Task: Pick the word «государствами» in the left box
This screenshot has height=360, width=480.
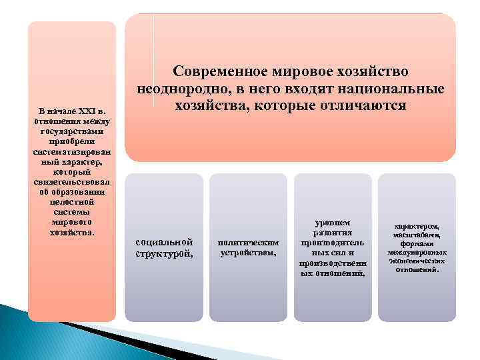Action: (72, 131)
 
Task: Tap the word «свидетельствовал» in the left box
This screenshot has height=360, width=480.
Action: (72, 181)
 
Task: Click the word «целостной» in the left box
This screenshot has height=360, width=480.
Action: (72, 201)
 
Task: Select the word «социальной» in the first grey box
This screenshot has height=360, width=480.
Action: (164, 241)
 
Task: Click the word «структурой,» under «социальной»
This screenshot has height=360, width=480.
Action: (164, 253)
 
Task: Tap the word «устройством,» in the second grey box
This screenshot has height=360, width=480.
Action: (248, 253)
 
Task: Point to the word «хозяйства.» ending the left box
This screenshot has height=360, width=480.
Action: (72, 232)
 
